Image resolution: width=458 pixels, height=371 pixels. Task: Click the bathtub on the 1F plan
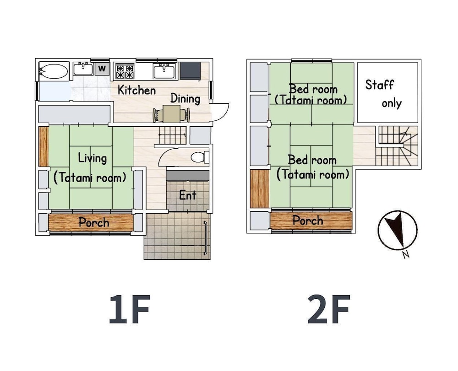click(54, 71)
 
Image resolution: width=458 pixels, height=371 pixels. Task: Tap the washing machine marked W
click(103, 69)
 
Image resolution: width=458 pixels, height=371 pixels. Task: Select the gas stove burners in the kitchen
click(125, 71)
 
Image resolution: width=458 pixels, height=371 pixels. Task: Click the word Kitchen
click(136, 90)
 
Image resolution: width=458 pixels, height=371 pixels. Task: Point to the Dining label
click(185, 98)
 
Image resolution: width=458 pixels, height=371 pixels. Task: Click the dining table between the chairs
click(172, 113)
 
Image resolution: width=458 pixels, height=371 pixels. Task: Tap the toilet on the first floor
click(198, 157)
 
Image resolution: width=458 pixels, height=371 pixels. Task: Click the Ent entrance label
click(188, 195)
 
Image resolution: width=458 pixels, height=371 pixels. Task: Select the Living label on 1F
click(92, 158)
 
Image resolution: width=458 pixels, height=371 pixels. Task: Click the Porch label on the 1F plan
click(93, 223)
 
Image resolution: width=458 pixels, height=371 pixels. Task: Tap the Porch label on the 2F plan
click(308, 220)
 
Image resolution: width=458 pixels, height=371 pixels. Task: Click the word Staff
click(379, 85)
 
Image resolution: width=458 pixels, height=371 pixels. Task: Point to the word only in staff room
click(392, 103)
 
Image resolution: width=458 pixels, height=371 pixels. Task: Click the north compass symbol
click(398, 231)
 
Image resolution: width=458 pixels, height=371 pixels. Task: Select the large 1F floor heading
click(130, 310)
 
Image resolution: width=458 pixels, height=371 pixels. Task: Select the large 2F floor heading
click(329, 310)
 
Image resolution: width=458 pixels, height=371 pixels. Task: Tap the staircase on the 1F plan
click(173, 135)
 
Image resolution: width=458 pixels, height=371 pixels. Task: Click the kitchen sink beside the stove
click(164, 71)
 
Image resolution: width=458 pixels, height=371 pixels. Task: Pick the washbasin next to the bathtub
click(82, 69)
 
